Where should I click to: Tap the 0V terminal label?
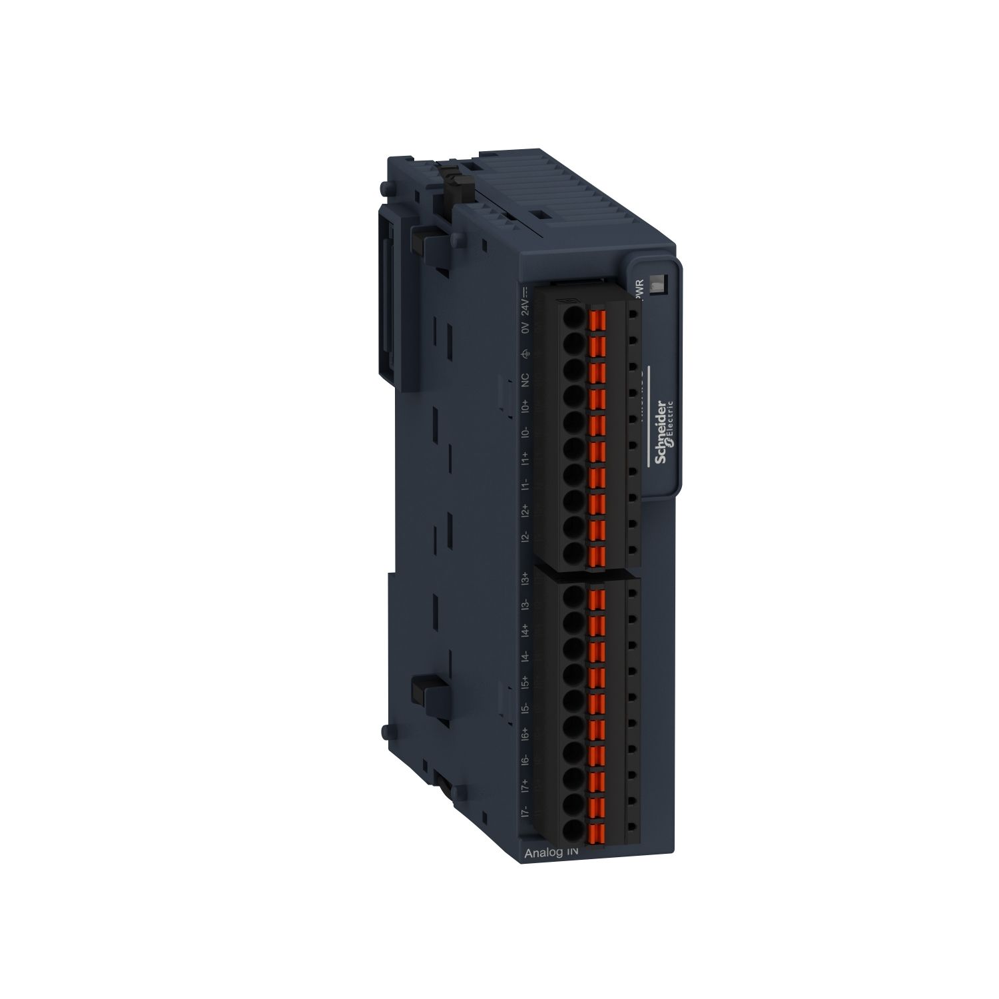525,328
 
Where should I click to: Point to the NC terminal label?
525,380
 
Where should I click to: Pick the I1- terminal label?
525,484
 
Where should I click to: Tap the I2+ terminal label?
525,511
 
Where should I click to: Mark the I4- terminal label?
525,656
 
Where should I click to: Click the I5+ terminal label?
525,682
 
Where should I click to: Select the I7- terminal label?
525,812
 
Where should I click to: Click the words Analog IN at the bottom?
551,852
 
